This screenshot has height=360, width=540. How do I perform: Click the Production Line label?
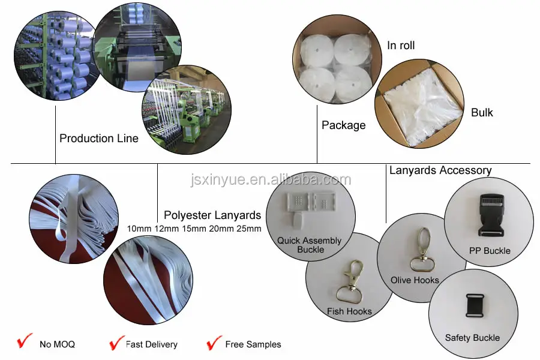click(x=99, y=139)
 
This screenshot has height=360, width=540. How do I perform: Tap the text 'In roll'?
click(x=401, y=46)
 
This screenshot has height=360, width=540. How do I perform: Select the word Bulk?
click(x=482, y=112)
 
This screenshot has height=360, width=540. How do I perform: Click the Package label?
click(x=343, y=125)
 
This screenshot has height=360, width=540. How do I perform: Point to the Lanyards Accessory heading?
click(x=440, y=170)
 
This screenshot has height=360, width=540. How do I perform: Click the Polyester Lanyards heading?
click(x=212, y=215)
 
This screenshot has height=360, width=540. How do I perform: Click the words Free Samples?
click(x=253, y=344)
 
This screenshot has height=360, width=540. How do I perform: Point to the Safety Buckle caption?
click(x=472, y=338)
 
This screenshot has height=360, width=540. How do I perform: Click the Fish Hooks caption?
click(x=349, y=311)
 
